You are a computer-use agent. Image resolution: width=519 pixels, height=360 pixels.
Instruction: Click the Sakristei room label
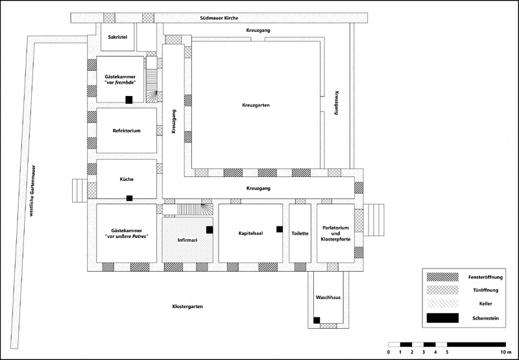117,37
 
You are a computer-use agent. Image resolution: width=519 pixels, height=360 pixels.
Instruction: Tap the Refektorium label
127,130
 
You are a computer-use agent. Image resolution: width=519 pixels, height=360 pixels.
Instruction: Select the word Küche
127,179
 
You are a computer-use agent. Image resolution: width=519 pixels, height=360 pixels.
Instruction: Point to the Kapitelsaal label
250,234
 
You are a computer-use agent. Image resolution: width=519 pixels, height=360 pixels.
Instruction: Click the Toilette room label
300,234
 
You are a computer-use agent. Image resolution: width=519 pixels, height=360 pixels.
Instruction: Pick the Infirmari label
187,240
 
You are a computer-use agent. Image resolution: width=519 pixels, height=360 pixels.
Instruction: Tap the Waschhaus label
328,298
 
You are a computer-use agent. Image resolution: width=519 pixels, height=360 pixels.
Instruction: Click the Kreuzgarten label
256,105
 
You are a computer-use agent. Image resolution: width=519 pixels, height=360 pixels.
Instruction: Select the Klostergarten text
187,306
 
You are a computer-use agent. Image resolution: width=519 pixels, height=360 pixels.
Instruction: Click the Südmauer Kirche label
219,18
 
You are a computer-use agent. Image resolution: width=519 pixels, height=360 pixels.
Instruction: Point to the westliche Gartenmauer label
32,191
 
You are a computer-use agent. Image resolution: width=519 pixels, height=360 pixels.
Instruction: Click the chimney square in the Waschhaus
317,320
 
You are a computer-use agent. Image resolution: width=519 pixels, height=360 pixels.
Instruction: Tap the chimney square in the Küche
129,198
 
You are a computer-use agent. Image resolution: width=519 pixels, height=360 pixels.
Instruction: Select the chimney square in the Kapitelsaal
280,229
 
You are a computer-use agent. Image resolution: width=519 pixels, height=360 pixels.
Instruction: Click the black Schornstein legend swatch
442,318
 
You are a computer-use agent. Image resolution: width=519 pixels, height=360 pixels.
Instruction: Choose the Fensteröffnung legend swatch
442,277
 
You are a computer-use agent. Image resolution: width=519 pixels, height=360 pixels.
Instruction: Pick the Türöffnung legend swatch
442,290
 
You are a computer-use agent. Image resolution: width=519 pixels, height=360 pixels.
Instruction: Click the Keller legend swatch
442,304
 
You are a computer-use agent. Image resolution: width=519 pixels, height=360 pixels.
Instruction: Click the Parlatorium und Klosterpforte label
335,234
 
